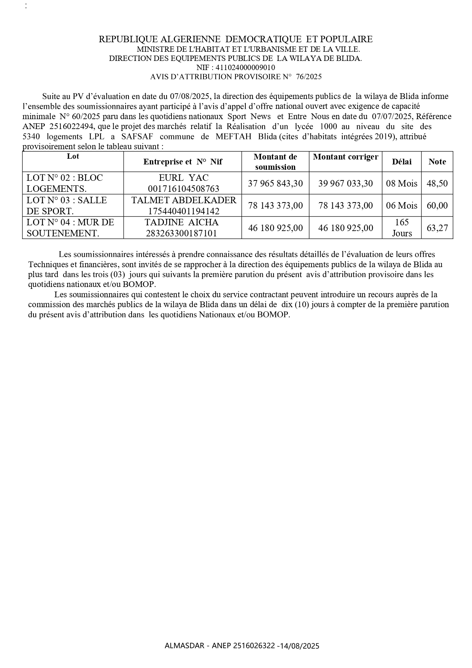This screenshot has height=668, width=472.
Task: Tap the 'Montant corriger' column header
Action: click(x=345, y=157)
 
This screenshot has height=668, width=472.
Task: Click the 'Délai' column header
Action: click(x=402, y=162)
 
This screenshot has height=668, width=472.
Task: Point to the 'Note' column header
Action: click(x=437, y=162)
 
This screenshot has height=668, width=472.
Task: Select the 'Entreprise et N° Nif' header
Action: click(x=183, y=162)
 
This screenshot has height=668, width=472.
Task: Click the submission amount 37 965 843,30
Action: click(x=275, y=183)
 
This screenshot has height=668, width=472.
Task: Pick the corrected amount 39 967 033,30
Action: click(x=345, y=183)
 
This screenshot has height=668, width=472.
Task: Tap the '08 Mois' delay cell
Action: click(x=402, y=183)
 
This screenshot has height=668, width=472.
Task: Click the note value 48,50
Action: click(x=437, y=183)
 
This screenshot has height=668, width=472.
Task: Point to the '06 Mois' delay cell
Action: click(x=402, y=206)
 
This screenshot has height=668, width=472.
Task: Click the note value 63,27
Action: click(x=437, y=228)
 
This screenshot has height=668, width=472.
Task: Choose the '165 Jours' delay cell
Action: click(x=402, y=228)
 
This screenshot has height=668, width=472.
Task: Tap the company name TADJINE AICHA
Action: click(x=182, y=222)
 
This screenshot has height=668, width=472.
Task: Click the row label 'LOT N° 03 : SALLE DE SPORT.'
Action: click(x=67, y=206)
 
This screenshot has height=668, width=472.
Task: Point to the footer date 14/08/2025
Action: click(x=299, y=646)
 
